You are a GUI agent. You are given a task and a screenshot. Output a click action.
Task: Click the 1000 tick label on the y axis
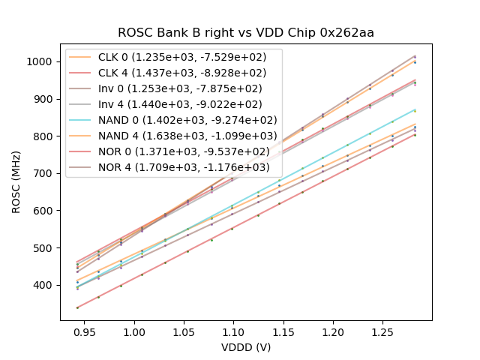coord(43,61)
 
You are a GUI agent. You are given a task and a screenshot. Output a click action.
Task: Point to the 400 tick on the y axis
coord(46,286)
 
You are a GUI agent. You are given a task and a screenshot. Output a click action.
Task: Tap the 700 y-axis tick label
coord(46,173)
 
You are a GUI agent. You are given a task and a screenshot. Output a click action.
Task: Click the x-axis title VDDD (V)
coord(246,347)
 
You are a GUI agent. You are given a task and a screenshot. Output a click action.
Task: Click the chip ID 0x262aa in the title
coord(347,33)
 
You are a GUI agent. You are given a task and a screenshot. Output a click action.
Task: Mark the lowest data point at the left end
coord(77,307)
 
